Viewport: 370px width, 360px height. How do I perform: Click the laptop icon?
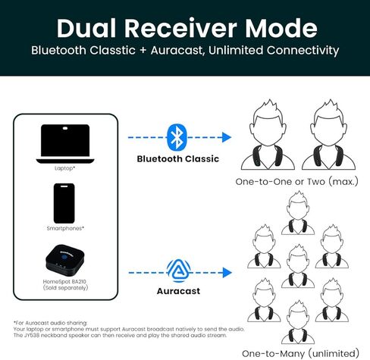(65, 144)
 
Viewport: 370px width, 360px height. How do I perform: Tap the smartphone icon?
(64, 203)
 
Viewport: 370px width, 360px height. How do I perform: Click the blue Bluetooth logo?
(177, 137)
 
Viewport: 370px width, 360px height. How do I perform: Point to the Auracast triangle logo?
(179, 271)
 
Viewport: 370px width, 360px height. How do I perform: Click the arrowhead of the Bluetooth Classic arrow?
(227, 137)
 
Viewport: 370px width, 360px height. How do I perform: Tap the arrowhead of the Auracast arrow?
(227, 273)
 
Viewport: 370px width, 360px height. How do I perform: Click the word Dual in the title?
(86, 28)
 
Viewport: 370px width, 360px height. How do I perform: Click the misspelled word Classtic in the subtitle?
(112, 50)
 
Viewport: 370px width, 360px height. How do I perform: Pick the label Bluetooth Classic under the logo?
(178, 158)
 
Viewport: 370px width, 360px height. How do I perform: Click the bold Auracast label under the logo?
(178, 291)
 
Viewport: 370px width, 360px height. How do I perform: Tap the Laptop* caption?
(65, 168)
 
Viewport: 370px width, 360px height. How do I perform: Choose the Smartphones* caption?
(65, 228)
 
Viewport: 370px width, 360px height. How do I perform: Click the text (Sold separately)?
(65, 288)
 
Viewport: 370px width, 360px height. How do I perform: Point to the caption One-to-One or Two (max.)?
(296, 182)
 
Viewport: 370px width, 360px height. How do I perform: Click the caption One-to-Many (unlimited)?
(300, 353)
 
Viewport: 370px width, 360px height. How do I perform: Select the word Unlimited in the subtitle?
(236, 50)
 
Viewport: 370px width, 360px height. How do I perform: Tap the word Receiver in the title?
(180, 28)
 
